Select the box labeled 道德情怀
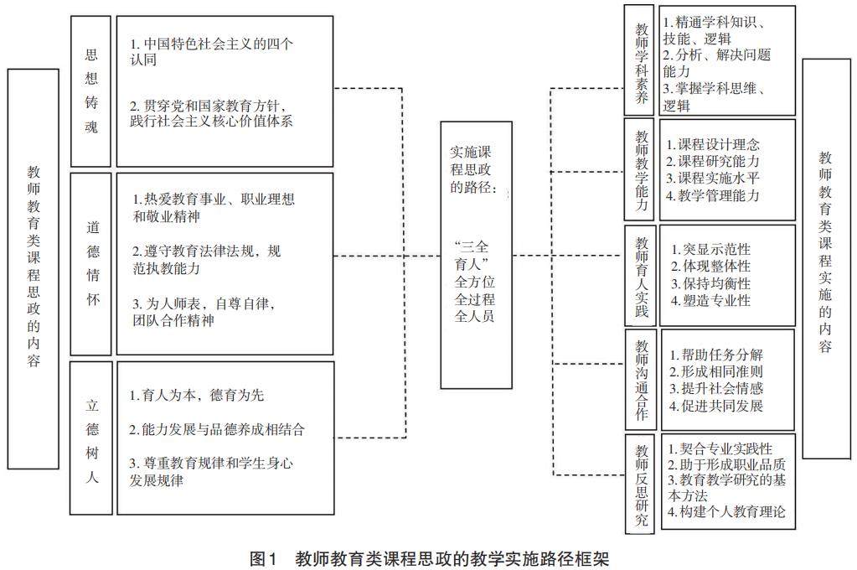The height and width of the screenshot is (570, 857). tap(91, 263)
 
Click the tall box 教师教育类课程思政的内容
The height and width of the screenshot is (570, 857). tap(33, 268)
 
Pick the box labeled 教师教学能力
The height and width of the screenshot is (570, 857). tap(642, 169)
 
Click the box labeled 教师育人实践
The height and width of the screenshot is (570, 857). tap(642, 276)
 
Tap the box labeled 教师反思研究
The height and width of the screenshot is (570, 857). tap(642, 484)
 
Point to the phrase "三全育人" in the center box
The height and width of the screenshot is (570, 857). tap(476, 254)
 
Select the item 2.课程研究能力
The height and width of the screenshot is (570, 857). tap(713, 161)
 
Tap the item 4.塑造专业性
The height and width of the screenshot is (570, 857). tap(711, 301)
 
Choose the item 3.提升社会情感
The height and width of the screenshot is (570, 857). tap(716, 388)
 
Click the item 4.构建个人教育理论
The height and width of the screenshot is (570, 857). tap(726, 511)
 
